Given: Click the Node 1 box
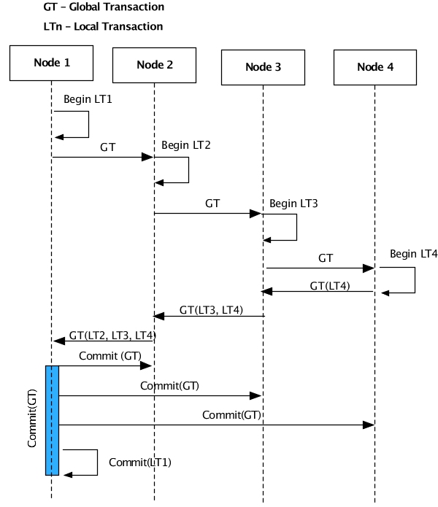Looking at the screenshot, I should pos(52,63).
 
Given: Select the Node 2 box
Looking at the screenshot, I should pos(154,65).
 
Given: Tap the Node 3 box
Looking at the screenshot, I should pos(262,67).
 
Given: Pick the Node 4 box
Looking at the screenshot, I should pos(374,67).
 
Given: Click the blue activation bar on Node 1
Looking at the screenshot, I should pos(52,420).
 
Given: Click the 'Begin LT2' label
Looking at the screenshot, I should pos(186,145).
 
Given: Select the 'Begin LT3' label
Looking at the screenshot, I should pos(293,204).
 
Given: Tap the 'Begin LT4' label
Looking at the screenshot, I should pos(413,255).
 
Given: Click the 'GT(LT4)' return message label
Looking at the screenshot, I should pos(330,285).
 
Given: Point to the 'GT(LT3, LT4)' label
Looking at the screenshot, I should pos(212,310).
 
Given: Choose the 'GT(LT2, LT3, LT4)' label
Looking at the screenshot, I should pos(112,336).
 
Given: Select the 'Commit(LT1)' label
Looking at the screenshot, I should pos(140,462).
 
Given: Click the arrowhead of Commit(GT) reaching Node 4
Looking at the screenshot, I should pos(369,425).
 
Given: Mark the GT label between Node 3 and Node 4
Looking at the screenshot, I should pos(326,258).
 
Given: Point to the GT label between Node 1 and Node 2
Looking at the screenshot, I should pos(107,147).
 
